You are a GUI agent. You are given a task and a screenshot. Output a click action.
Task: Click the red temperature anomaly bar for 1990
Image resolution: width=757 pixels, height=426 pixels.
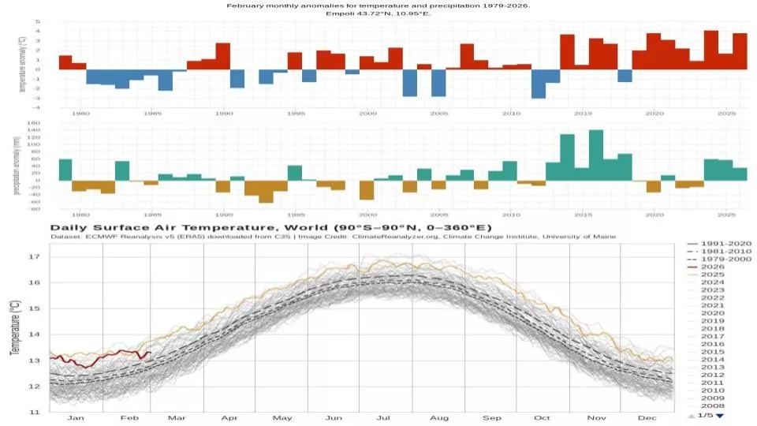(222, 56)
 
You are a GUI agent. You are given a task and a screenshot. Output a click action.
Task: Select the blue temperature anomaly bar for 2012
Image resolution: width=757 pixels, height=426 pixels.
(539, 83)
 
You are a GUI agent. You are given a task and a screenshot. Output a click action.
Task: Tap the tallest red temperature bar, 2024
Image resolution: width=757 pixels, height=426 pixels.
(710, 50)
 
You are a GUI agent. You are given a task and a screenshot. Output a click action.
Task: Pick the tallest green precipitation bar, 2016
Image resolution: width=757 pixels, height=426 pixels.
(596, 155)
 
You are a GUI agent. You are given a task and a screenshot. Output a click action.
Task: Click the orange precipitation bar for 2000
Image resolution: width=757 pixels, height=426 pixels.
(367, 189)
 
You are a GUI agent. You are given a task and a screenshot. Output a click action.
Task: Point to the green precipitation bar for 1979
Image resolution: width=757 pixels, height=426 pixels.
(65, 170)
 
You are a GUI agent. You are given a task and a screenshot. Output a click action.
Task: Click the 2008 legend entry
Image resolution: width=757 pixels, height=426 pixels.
(711, 405)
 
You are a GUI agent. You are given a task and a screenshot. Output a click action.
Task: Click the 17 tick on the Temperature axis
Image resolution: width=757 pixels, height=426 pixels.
(34, 257)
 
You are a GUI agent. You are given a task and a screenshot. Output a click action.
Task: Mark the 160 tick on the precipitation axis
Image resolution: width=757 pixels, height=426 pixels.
(34, 124)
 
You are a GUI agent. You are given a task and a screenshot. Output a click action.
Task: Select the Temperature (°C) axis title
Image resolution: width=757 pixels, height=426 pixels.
(13, 327)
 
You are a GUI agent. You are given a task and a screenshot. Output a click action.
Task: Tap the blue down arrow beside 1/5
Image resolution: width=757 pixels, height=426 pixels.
(720, 416)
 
